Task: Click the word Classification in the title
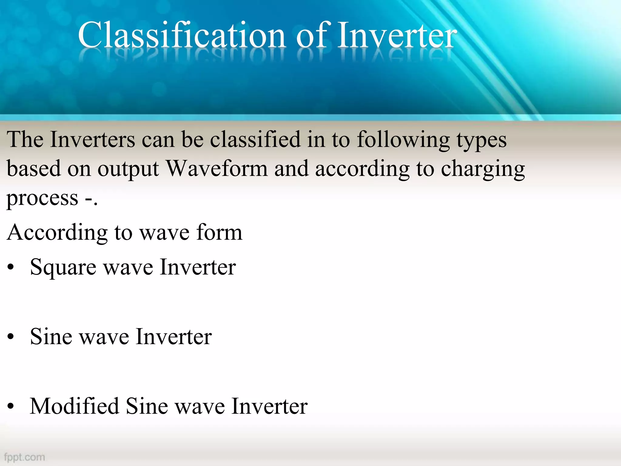[x=181, y=35]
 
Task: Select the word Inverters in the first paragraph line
[x=92, y=140]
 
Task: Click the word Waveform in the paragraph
[x=217, y=169]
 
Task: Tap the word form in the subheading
[x=219, y=232]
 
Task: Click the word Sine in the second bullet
[x=51, y=337]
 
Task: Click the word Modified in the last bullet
[x=74, y=406]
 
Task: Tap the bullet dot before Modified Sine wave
[x=11, y=406]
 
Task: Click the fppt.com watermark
[x=24, y=457]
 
